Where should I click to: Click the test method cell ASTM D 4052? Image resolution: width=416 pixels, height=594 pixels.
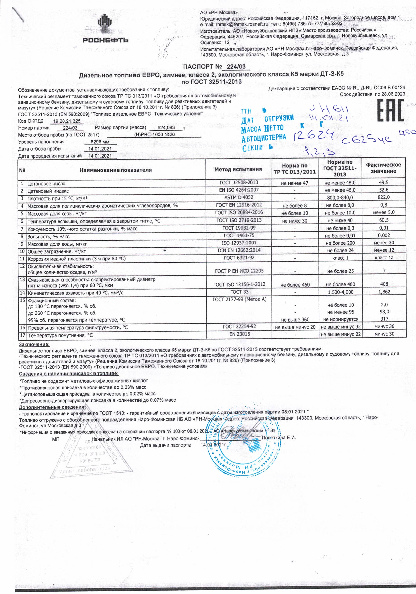coord(239,197)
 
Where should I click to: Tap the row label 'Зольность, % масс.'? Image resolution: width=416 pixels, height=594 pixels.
coord(49,236)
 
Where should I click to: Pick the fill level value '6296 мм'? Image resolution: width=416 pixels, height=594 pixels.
coord(100,142)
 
